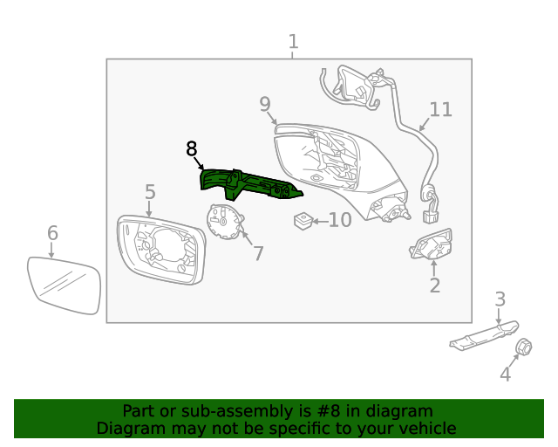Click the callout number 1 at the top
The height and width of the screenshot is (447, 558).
[293, 41]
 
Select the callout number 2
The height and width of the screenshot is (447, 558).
[434, 285]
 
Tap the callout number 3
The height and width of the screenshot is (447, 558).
[500, 299]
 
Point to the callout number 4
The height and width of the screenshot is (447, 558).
[505, 375]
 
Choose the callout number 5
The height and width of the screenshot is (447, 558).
[150, 191]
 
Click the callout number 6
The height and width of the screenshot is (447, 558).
[52, 233]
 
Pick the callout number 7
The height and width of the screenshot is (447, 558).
[258, 253]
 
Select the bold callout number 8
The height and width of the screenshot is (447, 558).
[192, 149]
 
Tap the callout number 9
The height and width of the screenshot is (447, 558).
[265, 105]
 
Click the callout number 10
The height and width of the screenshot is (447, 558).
[339, 220]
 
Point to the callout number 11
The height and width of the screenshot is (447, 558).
[441, 109]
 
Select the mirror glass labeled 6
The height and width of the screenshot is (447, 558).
[64, 285]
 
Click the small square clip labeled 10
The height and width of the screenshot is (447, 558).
[303, 220]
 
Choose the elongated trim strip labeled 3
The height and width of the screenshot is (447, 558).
[484, 334]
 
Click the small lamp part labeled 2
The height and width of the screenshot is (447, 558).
[432, 246]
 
